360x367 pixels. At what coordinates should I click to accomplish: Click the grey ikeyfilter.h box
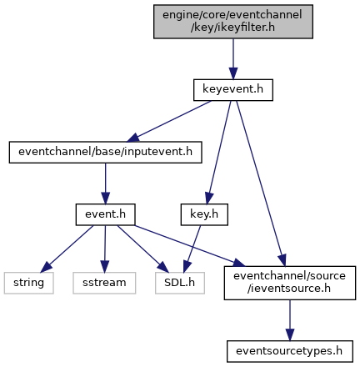point(233,22)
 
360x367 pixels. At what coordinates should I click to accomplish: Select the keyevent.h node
point(233,90)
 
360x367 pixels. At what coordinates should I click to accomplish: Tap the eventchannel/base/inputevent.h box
point(105,152)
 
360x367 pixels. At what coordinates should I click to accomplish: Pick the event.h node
point(105,214)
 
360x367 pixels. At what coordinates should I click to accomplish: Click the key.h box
point(204,214)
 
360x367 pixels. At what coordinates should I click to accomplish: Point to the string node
point(28,283)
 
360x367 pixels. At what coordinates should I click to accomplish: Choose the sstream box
point(104,283)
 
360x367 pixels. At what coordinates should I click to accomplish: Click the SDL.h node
point(180,283)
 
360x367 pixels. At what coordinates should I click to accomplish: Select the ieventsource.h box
point(290,283)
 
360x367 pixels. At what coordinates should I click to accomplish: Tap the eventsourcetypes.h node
point(290,351)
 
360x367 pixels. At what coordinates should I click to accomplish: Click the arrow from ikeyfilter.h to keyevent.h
point(233,59)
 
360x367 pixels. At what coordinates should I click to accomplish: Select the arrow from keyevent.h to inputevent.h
point(169,121)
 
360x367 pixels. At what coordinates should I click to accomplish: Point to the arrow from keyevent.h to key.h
point(218,153)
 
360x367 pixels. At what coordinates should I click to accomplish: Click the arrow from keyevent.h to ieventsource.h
point(260,183)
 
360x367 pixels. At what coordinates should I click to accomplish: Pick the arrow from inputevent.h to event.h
point(105,183)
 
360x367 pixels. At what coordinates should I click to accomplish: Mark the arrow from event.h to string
point(67,249)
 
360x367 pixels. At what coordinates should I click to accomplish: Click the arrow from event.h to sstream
point(105,249)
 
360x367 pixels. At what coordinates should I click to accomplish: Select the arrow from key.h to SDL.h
point(192,249)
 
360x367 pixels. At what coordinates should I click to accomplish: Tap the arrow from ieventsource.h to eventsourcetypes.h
point(290,320)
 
